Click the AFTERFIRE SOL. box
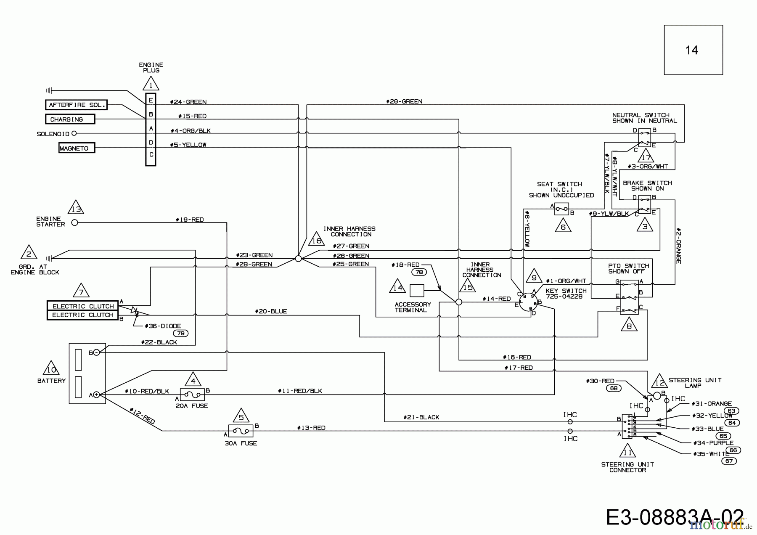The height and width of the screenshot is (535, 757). coord(76,105)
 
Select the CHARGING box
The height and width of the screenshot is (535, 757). coord(70,119)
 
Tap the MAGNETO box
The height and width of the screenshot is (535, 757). coord(77,148)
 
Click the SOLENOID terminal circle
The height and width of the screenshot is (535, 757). coord(74,133)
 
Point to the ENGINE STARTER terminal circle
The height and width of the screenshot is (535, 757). coord(75,222)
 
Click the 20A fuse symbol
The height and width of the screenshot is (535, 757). coord(193,395)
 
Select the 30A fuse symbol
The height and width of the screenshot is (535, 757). coord(241,431)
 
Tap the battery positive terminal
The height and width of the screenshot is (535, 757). coord(96,395)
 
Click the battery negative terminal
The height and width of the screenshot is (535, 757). coord(96,352)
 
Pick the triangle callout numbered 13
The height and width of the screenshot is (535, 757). coord(76,208)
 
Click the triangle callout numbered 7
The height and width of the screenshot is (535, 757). coord(81,291)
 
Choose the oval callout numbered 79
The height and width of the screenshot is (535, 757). coord(181,333)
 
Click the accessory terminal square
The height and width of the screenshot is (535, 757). coord(417,291)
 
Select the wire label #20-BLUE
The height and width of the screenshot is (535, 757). coord(271,312)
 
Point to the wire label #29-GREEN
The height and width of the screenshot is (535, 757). coord(404,101)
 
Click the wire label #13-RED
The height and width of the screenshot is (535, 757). coord(311,428)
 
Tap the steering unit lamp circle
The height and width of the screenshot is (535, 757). coord(657,396)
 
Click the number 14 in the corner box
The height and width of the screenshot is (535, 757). coord(691,50)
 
